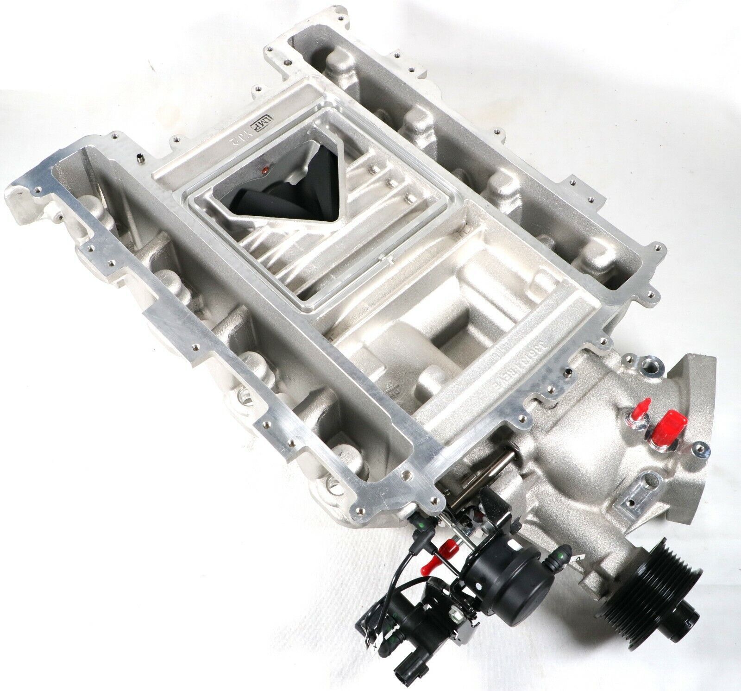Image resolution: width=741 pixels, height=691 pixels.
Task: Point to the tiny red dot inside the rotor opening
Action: pyautogui.click(x=265, y=170)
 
